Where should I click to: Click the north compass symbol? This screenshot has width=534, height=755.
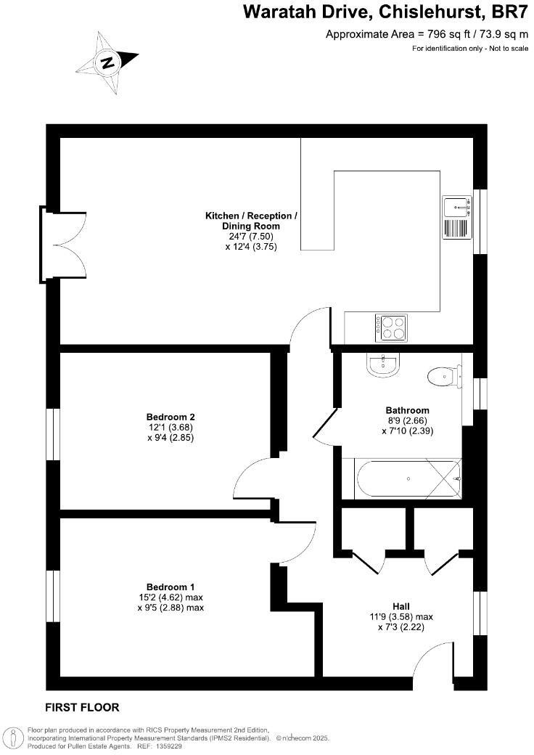(108, 62)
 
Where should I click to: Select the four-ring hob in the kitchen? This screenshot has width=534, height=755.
(391, 327)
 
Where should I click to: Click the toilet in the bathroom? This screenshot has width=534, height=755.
(442, 375)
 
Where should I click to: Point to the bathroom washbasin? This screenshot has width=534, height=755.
(383, 364)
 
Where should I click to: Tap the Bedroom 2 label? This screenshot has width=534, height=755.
(171, 417)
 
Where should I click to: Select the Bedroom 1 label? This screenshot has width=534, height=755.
(171, 587)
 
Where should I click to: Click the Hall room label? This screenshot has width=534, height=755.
(401, 606)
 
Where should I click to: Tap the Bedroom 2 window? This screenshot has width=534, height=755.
(52, 434)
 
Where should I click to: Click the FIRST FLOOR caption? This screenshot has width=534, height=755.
(82, 707)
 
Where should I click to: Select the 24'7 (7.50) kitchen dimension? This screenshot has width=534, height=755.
(251, 236)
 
